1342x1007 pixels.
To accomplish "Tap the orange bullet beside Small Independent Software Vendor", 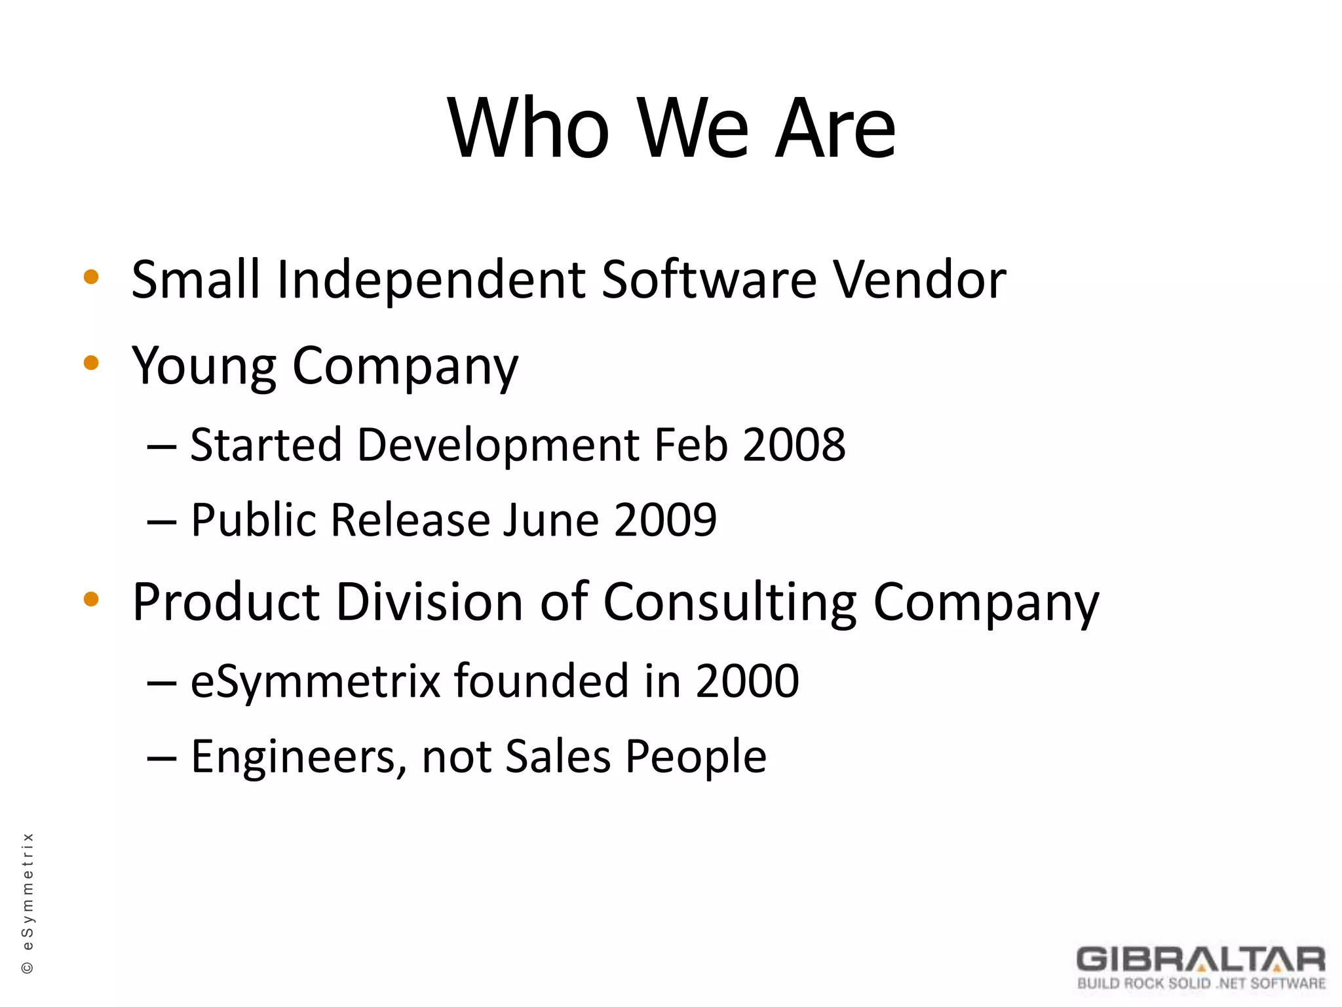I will point(91,277).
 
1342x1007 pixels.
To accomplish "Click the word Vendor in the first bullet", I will point(919,279).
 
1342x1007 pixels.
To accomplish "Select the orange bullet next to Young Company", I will point(91,363).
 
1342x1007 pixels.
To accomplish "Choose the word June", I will point(550,520).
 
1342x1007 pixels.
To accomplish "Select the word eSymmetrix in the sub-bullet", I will point(315,682).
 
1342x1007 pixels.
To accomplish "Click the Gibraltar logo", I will point(1200,967).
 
